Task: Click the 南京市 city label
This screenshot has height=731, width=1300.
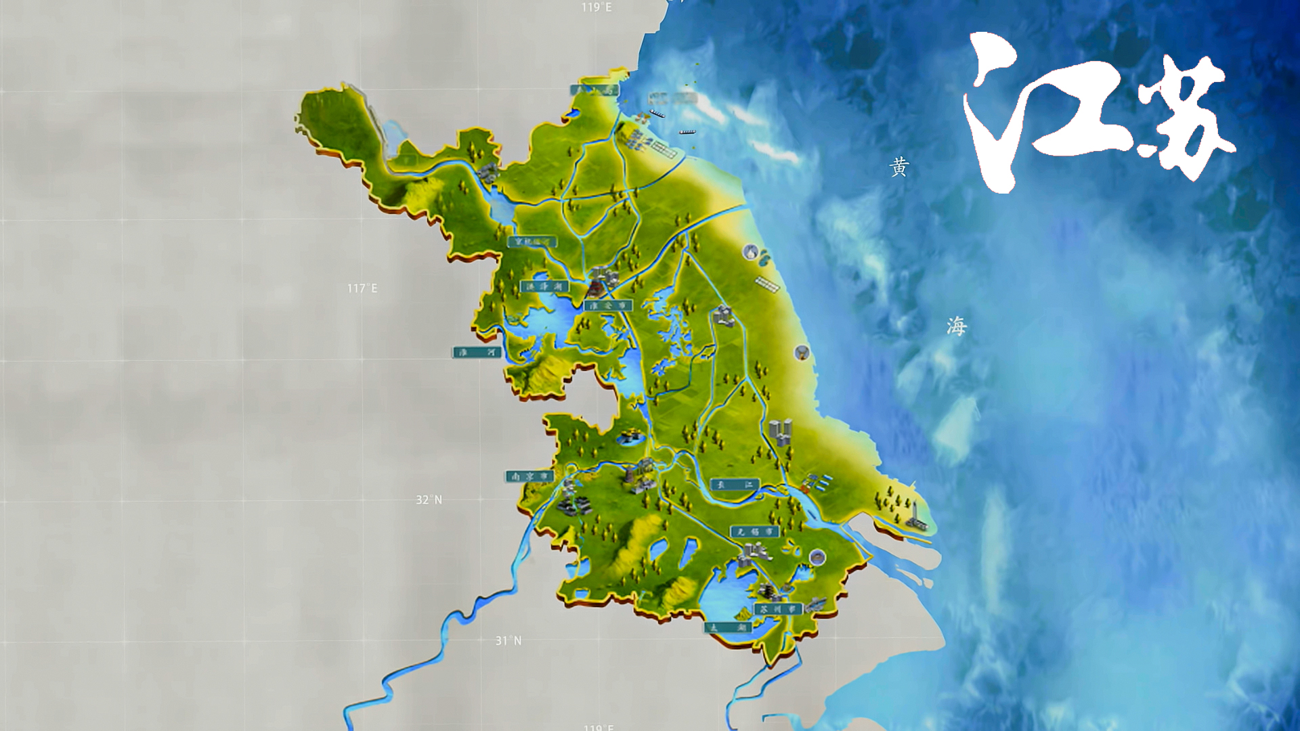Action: coord(529,477)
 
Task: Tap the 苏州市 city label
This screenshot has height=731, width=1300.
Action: coord(778,609)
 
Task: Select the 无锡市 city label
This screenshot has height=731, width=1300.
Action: coord(754,532)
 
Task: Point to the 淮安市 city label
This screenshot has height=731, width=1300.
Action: coord(607,306)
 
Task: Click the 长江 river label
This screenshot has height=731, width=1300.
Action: coord(735,485)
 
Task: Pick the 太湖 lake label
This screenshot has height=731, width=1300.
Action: coord(728,627)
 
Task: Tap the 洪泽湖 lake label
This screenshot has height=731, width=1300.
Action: coord(544,286)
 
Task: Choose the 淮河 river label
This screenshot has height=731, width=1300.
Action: coord(477,353)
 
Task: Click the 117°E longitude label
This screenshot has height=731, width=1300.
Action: coord(362,288)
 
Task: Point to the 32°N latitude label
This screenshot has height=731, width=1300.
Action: coord(429,500)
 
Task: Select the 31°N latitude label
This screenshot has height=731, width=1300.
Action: coord(508,640)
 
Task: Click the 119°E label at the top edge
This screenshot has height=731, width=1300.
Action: coord(596,7)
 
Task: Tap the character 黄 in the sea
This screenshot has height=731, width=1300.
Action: coord(899,167)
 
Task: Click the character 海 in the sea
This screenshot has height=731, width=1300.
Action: coord(956,326)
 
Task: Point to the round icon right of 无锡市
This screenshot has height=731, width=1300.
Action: coord(817,557)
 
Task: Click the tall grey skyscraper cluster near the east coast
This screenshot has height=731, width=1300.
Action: coord(781,431)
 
